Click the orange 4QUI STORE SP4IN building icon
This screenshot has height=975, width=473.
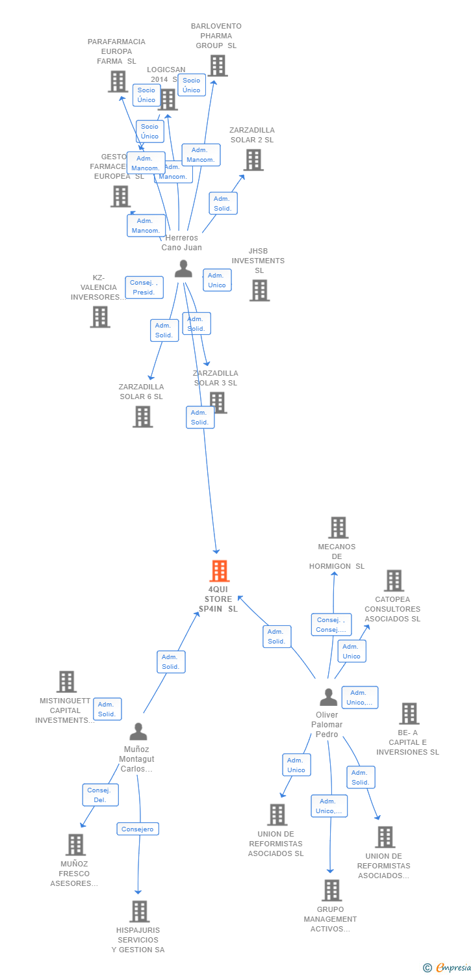coord(220,571)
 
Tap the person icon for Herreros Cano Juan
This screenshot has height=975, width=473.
coord(184,268)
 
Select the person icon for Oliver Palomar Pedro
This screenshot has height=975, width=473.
coord(329,697)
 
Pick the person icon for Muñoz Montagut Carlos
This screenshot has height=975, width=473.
coord(138,732)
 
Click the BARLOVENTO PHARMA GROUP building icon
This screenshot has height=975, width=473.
coord(218,66)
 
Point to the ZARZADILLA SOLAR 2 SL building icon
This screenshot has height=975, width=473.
coord(253,160)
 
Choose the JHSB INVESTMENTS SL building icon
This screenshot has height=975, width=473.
coord(259,291)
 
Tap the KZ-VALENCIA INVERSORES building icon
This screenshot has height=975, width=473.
coord(100,317)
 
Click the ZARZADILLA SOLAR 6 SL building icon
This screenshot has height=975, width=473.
coord(143,417)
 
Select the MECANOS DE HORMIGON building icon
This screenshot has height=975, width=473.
coord(338,528)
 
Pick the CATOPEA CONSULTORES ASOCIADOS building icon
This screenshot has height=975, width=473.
coord(394,580)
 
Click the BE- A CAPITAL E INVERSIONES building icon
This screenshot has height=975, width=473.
coord(409,714)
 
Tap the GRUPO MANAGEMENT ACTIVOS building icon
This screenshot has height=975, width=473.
coord(331,890)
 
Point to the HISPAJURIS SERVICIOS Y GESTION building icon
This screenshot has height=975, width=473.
coord(139,911)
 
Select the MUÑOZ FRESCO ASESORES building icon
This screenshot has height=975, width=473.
coord(75,845)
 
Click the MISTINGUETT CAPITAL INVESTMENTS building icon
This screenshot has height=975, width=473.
coord(66,682)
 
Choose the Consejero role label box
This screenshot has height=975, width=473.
coord(138,829)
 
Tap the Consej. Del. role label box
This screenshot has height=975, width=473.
coord(100,795)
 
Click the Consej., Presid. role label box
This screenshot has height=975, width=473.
coord(144,287)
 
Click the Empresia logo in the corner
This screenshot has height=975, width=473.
coord(448,967)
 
